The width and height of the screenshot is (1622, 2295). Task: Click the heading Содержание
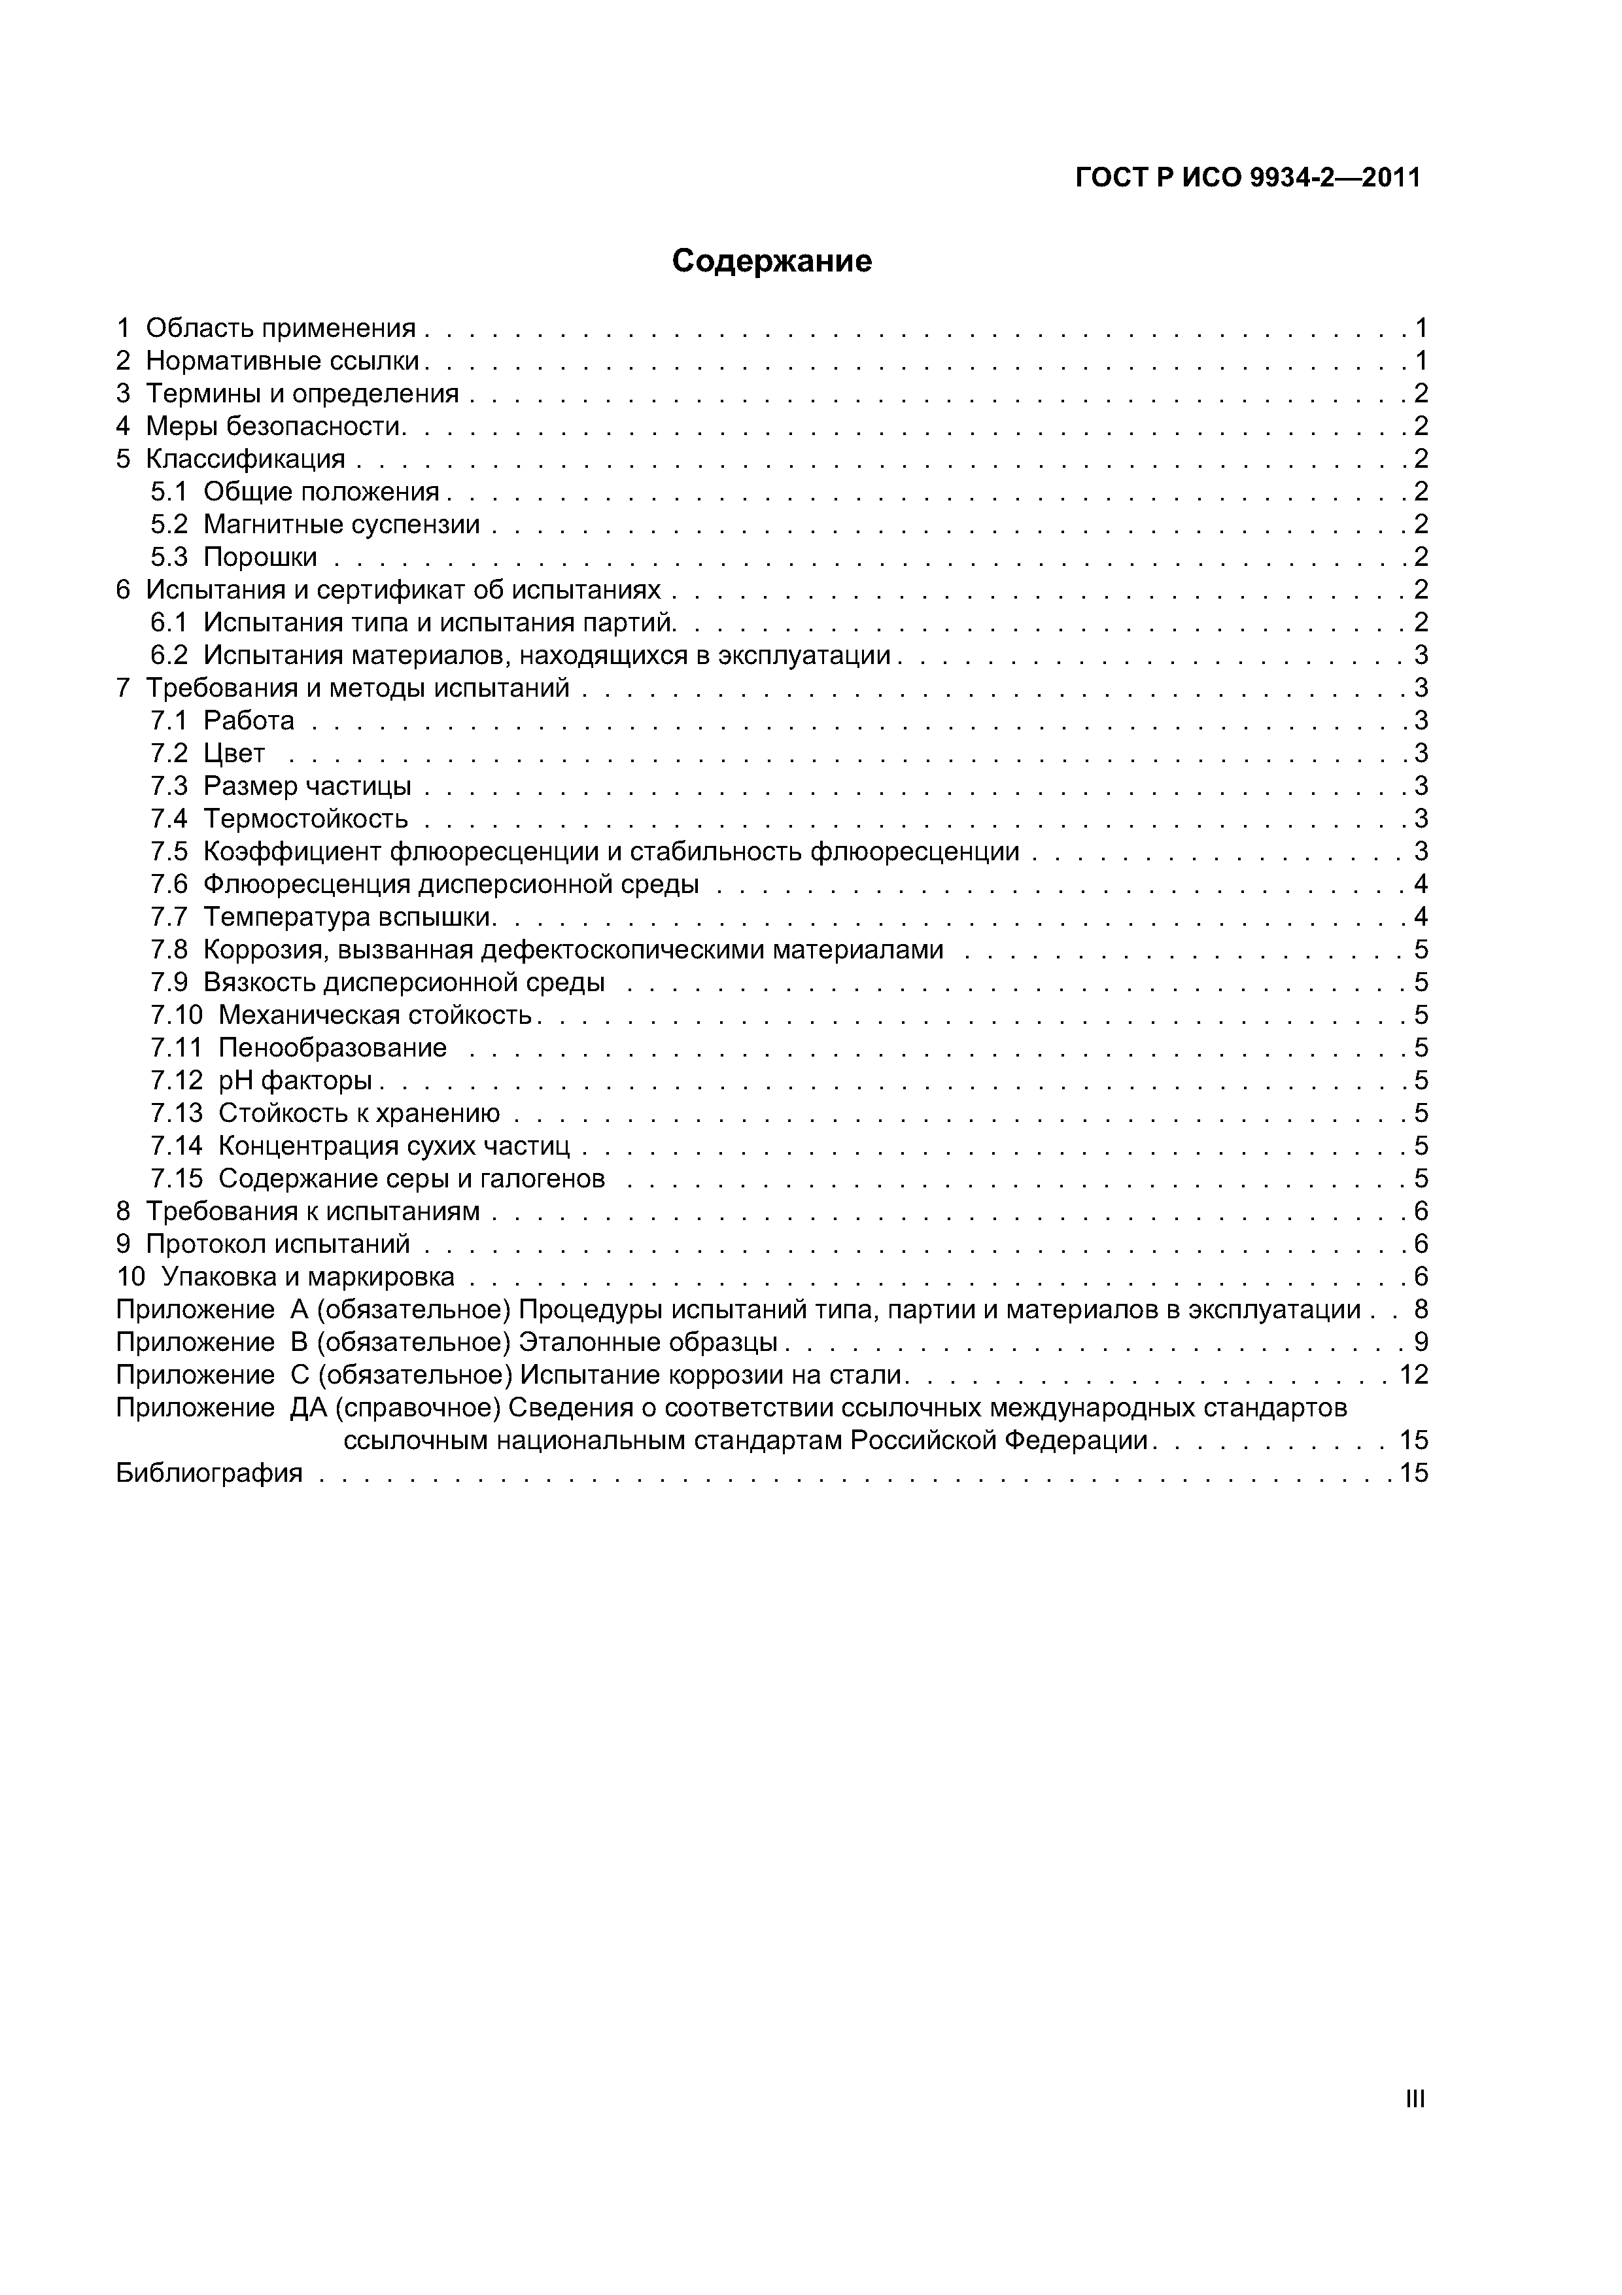(772, 261)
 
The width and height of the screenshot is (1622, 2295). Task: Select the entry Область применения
(280, 328)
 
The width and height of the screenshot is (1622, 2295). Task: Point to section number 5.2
(169, 524)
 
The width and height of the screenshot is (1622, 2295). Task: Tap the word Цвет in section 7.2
(234, 752)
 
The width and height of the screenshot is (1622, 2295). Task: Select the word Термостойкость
(306, 818)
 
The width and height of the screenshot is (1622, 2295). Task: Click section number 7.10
(176, 1015)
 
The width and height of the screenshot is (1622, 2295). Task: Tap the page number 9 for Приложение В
(1420, 1341)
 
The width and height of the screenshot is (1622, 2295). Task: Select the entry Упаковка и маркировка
(308, 1276)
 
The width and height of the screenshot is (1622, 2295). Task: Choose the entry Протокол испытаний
(278, 1244)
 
